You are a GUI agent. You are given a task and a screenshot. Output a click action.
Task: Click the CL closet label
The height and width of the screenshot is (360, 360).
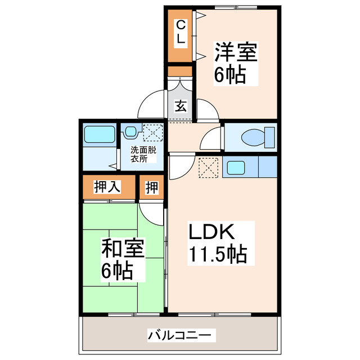coord(180,32)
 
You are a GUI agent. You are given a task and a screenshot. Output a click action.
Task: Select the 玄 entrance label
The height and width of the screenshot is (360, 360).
coord(180,106)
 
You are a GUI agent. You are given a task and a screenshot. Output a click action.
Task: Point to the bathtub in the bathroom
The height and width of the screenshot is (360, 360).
coord(99,135)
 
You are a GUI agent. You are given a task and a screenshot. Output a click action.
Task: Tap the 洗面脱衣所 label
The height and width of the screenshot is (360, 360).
coord(143,154)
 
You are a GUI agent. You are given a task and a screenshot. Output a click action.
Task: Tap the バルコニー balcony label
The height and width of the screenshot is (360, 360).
coord(181,336)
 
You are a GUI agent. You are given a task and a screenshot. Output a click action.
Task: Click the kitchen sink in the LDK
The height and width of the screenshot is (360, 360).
coord(235,167)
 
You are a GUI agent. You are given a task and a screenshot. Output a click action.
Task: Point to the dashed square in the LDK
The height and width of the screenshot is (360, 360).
coord(209,167)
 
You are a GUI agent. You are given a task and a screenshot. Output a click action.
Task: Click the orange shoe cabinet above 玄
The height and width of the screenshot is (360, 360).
coord(180,72)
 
